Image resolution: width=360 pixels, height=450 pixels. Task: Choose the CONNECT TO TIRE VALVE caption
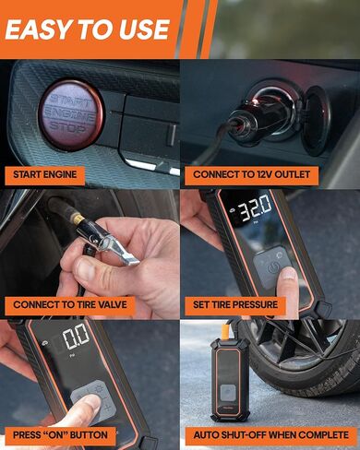pyautogui.click(x=69, y=303)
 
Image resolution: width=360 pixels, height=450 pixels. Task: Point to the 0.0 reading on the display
pyautogui.click(x=76, y=335)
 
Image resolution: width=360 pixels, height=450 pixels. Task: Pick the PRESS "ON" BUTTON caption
pyautogui.click(x=60, y=434)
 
